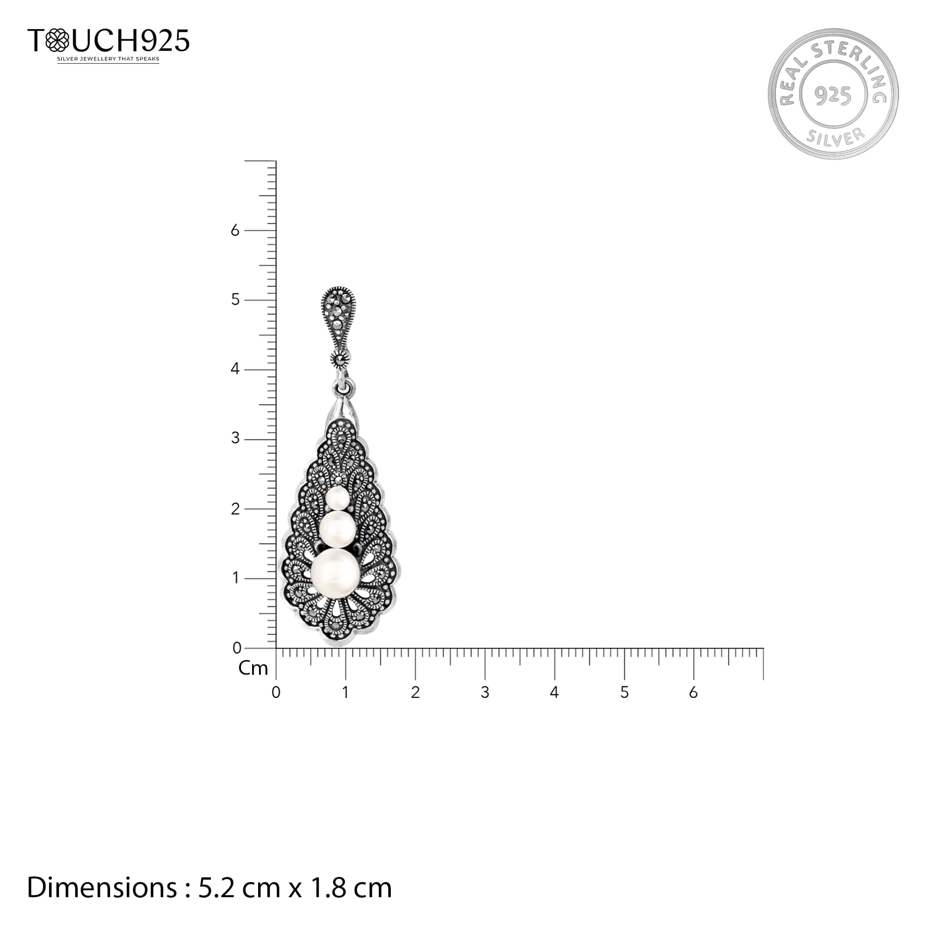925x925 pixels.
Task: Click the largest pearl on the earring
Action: (x=335, y=573)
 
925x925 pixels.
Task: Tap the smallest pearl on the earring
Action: (x=338, y=499)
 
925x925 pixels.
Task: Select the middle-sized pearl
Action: (x=338, y=530)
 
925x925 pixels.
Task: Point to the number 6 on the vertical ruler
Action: (x=234, y=231)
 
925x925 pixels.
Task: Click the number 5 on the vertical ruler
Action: (x=235, y=300)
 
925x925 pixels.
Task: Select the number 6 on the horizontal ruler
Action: (x=694, y=692)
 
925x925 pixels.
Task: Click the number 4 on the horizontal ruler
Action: (x=554, y=692)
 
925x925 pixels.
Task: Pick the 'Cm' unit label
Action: (x=253, y=668)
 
